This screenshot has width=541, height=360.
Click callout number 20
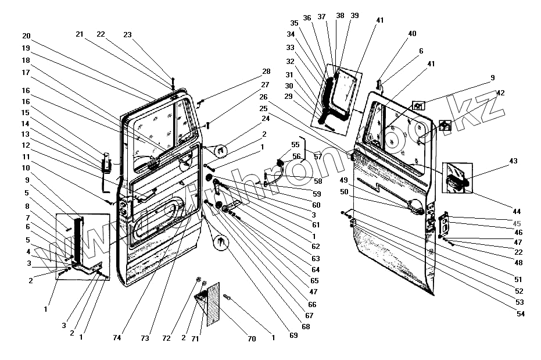(x=27, y=35)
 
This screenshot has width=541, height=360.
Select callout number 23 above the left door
(x=128, y=34)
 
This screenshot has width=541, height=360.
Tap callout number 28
(x=266, y=72)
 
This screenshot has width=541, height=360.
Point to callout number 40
(x=412, y=34)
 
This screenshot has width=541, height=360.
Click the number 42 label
(x=500, y=92)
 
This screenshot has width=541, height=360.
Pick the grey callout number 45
(x=518, y=223)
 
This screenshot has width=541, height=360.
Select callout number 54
(x=521, y=314)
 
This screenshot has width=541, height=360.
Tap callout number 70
(x=252, y=339)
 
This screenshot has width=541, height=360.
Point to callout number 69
(x=293, y=336)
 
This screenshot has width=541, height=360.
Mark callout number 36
(x=307, y=17)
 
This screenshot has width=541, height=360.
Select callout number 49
(x=343, y=180)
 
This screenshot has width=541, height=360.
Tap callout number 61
(x=316, y=225)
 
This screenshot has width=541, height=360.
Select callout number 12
(x=27, y=145)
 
